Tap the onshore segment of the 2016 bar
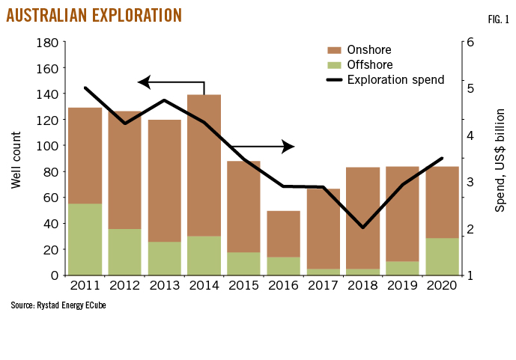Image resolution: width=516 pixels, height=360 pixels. pyautogui.click(x=283, y=234)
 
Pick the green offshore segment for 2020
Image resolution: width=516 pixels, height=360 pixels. pyautogui.click(x=442, y=256)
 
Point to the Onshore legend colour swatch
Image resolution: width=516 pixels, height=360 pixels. pyautogui.click(x=334, y=50)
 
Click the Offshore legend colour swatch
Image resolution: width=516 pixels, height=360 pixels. pyautogui.click(x=334, y=65)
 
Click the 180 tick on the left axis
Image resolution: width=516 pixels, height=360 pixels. pyautogui.click(x=46, y=43)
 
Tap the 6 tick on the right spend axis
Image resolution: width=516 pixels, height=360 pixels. pyautogui.click(x=470, y=43)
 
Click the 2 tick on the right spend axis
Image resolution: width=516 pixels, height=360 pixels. pyautogui.click(x=470, y=228)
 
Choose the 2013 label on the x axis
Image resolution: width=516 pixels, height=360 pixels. pyautogui.click(x=164, y=285)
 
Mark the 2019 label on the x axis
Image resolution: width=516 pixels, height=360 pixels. pyautogui.click(x=402, y=285)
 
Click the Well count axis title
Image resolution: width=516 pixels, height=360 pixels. pyautogui.click(x=17, y=159)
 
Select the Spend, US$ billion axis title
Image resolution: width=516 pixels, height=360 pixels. pyautogui.click(x=500, y=159)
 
